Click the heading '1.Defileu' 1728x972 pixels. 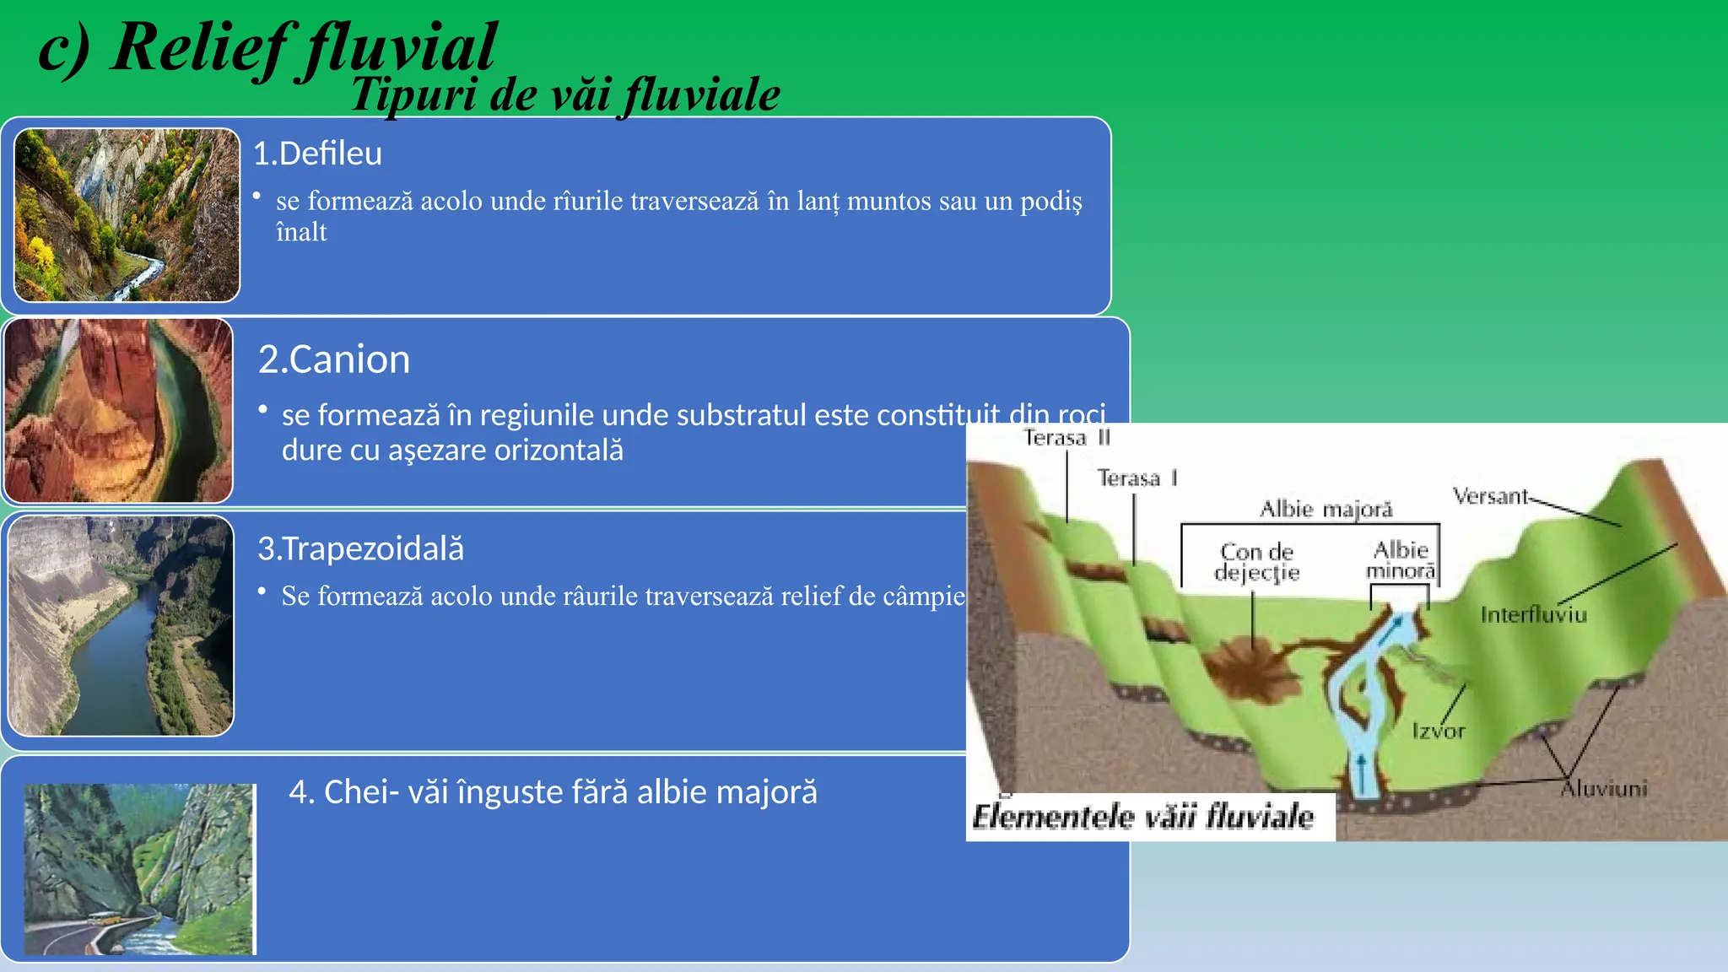click(317, 154)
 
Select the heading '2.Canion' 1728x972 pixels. click(334, 360)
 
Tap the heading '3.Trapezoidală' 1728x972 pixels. click(360, 549)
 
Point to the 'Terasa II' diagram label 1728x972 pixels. click(1066, 438)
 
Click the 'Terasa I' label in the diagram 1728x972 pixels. click(1136, 478)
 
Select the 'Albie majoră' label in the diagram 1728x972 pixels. click(1326, 510)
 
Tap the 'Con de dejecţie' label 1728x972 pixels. click(1256, 562)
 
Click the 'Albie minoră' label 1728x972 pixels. click(1401, 560)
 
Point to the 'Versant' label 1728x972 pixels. click(1489, 496)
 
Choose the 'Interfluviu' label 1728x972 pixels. click(1533, 615)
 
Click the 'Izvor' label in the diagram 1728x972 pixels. click(1439, 731)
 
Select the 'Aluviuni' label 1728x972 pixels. click(1603, 789)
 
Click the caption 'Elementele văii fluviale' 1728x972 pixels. click(1142, 817)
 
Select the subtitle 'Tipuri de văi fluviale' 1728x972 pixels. click(565, 94)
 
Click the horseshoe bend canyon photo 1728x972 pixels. click(118, 411)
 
